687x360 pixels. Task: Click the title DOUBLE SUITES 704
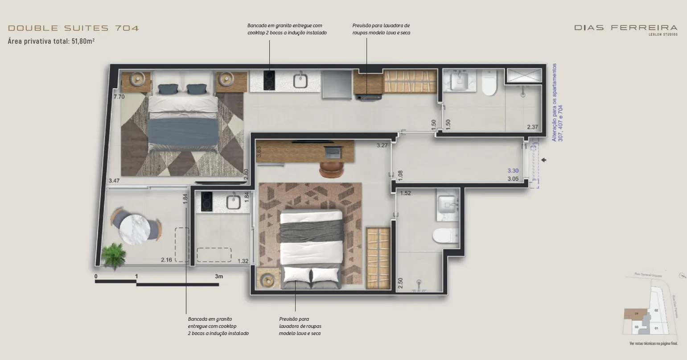[74, 28]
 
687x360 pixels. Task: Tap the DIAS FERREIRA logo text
[625, 28]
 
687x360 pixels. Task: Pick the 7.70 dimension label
[119, 96]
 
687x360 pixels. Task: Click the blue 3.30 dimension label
[513, 170]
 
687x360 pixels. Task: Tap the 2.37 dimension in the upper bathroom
[532, 127]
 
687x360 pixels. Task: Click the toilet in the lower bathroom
[446, 236]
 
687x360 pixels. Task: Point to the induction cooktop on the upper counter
[269, 80]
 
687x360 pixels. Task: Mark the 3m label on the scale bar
[218, 276]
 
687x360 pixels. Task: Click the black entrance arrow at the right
[543, 160]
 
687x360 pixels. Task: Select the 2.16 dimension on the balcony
[167, 260]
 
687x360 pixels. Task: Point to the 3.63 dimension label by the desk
[259, 152]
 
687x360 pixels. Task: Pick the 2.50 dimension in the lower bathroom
[400, 283]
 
